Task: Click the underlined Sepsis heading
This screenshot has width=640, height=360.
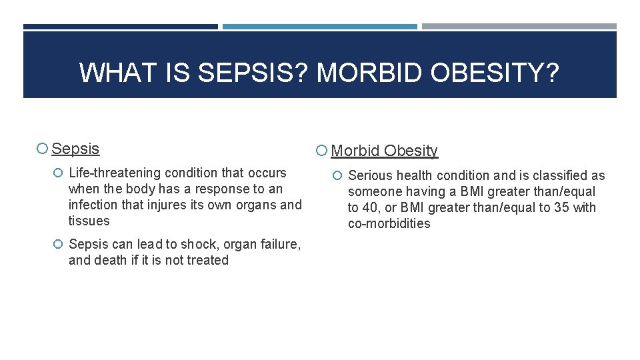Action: (x=75, y=149)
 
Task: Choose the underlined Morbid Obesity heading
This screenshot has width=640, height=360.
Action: (x=384, y=151)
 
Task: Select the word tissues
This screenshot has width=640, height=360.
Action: (x=89, y=221)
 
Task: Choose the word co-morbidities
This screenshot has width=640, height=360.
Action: (x=389, y=223)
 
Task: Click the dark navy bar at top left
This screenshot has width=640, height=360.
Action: (x=121, y=27)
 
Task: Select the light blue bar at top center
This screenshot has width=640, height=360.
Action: (x=319, y=27)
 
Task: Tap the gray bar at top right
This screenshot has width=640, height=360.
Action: (x=519, y=27)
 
